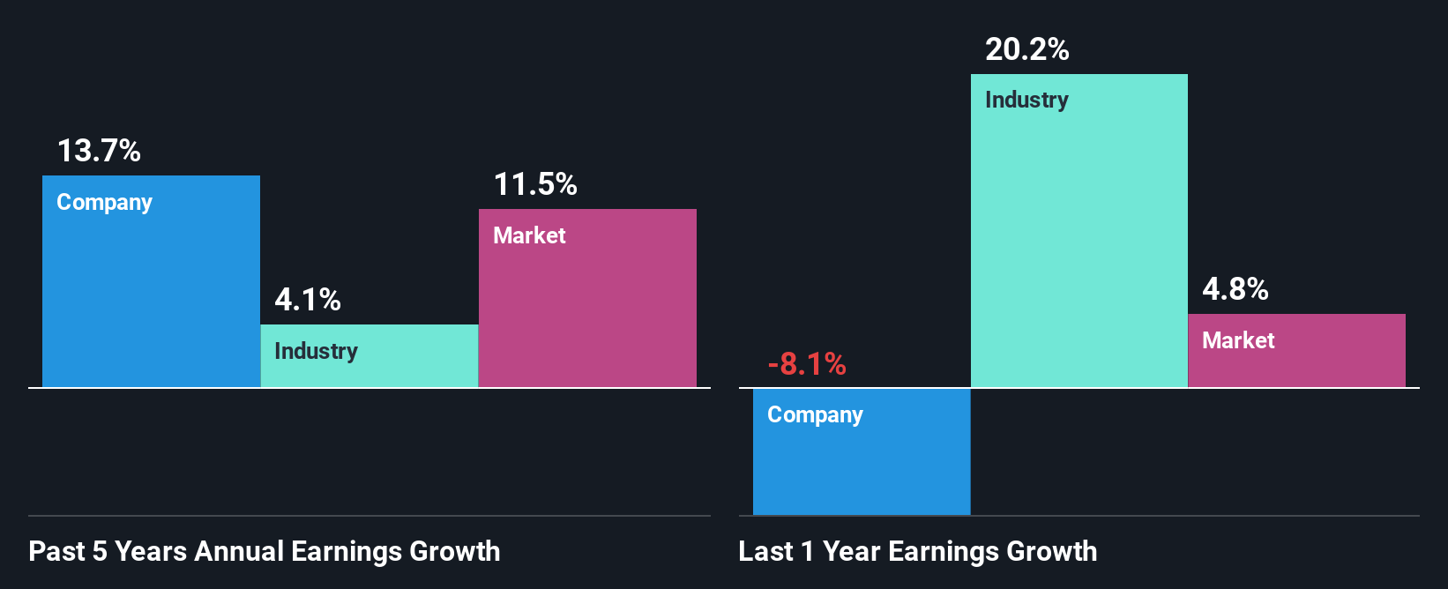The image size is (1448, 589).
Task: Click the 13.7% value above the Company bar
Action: click(x=99, y=151)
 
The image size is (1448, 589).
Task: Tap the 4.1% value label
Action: click(x=307, y=300)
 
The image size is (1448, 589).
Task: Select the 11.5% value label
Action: click(x=534, y=184)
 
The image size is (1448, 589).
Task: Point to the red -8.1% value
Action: click(x=806, y=363)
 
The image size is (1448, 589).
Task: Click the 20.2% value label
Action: click(x=1026, y=49)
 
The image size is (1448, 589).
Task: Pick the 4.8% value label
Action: click(x=1235, y=289)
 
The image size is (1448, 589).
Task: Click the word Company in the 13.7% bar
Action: click(x=104, y=202)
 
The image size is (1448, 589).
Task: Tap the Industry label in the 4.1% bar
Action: click(x=316, y=351)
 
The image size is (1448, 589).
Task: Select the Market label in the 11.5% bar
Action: click(x=529, y=235)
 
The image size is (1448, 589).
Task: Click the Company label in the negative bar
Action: click(x=815, y=414)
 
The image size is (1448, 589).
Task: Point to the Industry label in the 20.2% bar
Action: click(x=1026, y=100)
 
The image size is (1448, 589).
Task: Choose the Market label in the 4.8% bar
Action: click(x=1238, y=340)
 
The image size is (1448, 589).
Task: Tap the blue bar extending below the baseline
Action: click(x=862, y=467)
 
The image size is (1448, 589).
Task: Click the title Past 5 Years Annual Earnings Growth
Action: click(x=264, y=551)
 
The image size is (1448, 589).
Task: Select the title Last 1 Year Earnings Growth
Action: click(x=917, y=551)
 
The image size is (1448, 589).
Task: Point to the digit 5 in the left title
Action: click(x=100, y=551)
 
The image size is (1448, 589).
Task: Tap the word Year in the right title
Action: click(x=852, y=551)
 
